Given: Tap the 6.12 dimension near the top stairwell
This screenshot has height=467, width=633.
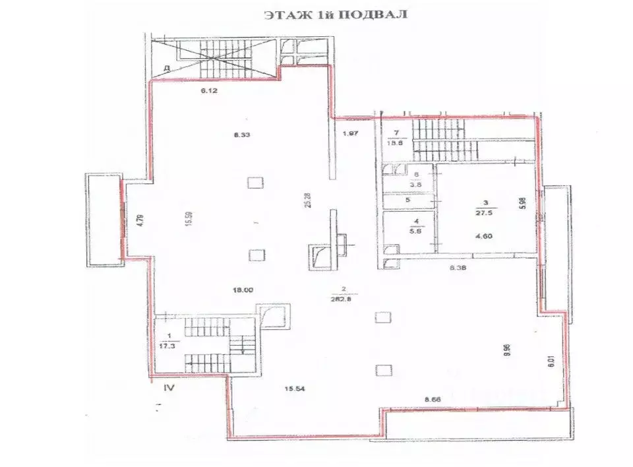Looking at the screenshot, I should [x=210, y=92].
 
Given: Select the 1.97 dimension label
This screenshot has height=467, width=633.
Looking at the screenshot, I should [x=349, y=135].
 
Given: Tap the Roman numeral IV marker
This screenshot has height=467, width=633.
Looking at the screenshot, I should [x=169, y=388].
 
